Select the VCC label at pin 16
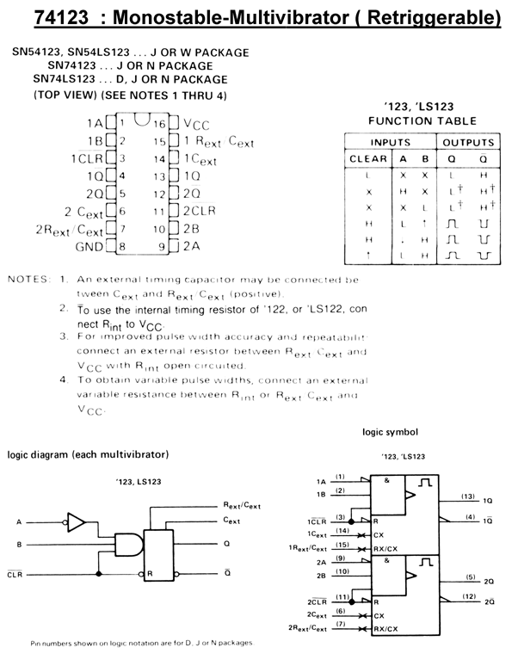coord(197,125)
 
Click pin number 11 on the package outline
coord(159,212)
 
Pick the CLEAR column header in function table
coord(368,158)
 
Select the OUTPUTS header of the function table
coord(470,141)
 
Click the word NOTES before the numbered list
coord(28,280)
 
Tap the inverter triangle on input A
coord(77,521)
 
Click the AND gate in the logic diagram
coord(129,544)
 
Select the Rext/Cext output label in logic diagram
coord(242,507)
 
